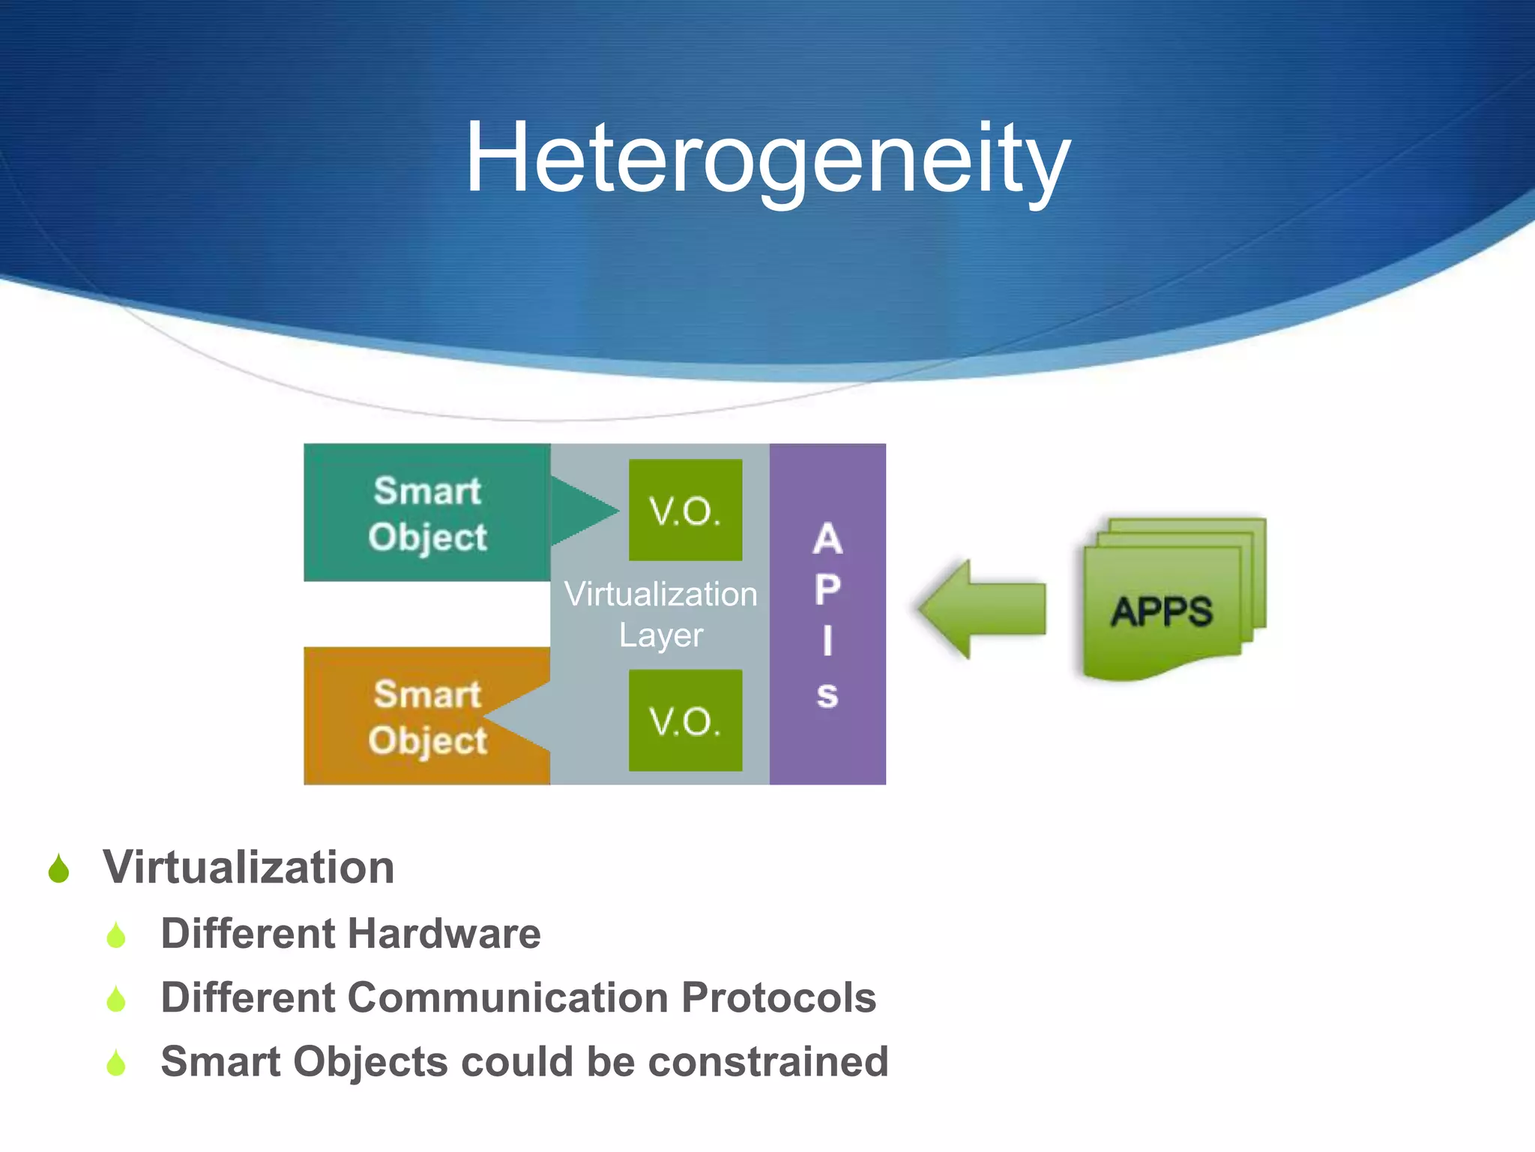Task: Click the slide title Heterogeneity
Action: [x=767, y=159]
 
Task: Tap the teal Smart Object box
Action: [x=427, y=513]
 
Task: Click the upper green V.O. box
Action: [x=685, y=511]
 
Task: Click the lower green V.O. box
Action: [x=685, y=721]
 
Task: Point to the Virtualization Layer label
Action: [x=660, y=614]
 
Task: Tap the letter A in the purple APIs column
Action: [x=827, y=539]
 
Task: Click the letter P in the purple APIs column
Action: [x=827, y=590]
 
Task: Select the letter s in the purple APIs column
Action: [x=827, y=695]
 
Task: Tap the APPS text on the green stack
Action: [x=1161, y=611]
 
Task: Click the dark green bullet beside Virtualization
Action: [x=58, y=870]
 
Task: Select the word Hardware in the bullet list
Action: [x=444, y=934]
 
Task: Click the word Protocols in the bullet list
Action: [x=779, y=998]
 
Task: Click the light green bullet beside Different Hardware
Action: [x=116, y=935]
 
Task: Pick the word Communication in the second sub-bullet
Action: [x=508, y=998]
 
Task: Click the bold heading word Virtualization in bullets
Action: [x=248, y=868]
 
